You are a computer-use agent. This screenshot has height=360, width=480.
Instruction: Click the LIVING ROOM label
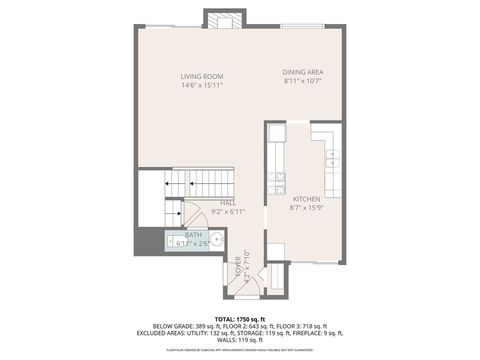[x=201, y=77]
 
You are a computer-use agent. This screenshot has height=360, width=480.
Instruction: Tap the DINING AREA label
[x=302, y=72]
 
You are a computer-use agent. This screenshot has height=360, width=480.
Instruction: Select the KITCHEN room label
[x=306, y=199]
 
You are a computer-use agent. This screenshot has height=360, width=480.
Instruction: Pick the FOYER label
[x=238, y=266]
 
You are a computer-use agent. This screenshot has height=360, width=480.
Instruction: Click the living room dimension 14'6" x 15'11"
[x=201, y=85]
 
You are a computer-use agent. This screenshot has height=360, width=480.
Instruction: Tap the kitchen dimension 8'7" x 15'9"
[x=306, y=208]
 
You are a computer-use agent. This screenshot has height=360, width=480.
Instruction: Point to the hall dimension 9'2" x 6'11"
[x=228, y=211]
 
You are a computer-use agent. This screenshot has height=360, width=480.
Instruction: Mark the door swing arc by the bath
[x=195, y=215]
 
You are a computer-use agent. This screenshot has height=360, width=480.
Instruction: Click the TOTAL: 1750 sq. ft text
[x=239, y=318]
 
